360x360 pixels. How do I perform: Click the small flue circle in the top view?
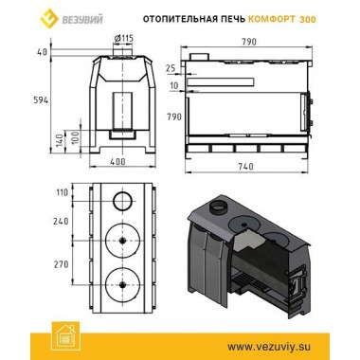(121, 200)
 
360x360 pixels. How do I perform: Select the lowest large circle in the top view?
(121, 280)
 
